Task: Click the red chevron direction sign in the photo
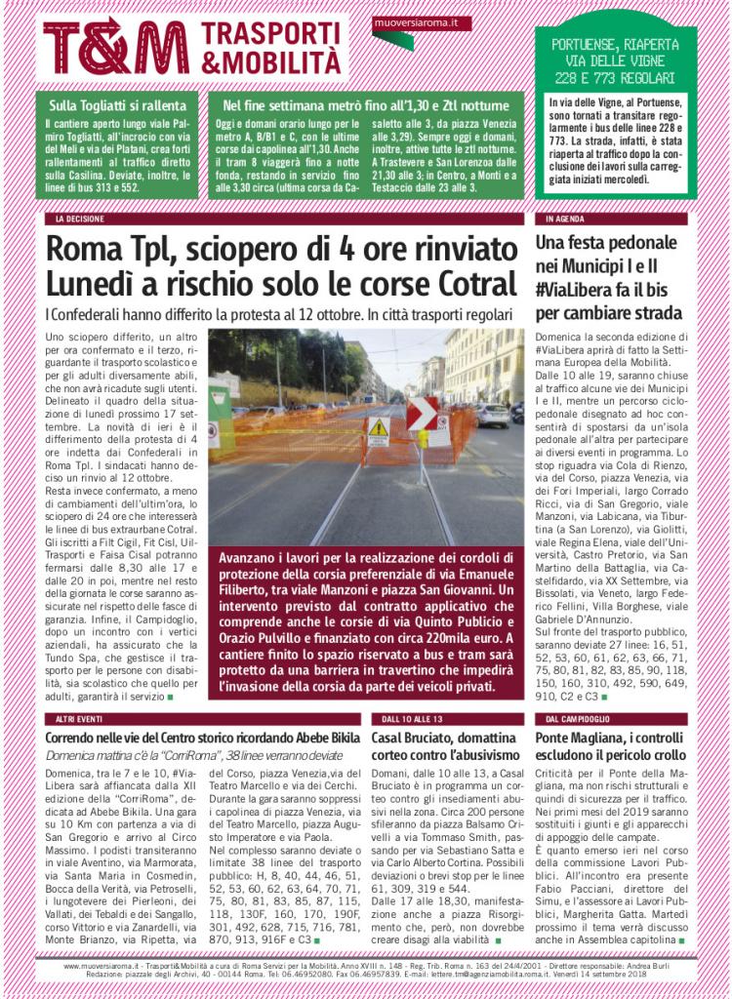pos(422,413)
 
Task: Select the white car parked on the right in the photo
pos(493,416)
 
